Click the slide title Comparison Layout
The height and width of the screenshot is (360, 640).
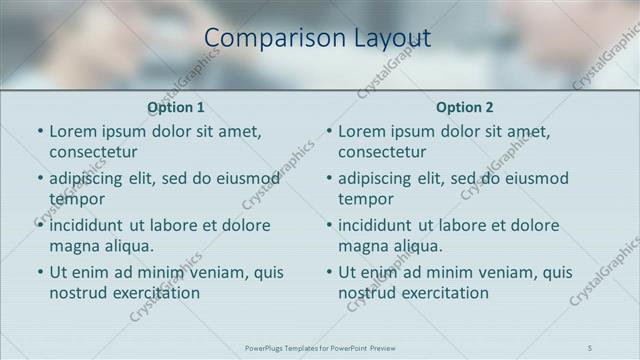tap(317, 38)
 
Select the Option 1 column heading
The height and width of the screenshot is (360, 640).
tap(176, 107)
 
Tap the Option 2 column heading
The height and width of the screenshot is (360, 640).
tap(465, 107)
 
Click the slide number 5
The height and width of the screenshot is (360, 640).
tap(590, 347)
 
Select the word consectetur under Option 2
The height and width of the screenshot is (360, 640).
tap(382, 152)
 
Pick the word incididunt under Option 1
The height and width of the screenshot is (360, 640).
tap(88, 225)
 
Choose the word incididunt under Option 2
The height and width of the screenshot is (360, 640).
tap(377, 225)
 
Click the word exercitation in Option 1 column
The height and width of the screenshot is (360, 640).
tap(155, 293)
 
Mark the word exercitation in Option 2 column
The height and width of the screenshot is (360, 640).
tap(444, 293)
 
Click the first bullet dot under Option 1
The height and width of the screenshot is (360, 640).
tap(40, 132)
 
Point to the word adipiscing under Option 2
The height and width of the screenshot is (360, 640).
tap(375, 179)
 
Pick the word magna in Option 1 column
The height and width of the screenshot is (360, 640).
tap(72, 246)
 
